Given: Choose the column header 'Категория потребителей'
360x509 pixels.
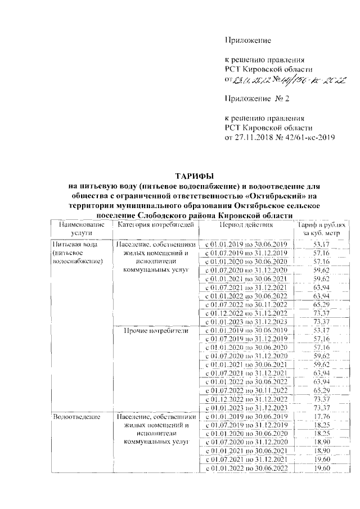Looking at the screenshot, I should point(156,225).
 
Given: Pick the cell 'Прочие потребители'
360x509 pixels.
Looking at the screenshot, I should point(156,330).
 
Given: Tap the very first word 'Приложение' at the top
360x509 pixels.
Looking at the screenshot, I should point(248,40).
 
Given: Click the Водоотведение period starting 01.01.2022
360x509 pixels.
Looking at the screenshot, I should point(246,469).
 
